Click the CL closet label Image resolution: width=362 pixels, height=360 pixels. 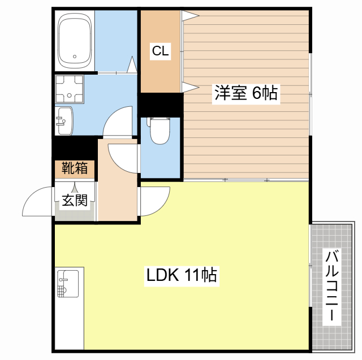160,51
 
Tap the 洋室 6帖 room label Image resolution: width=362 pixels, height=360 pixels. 245,93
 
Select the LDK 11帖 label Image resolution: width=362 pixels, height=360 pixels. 182,276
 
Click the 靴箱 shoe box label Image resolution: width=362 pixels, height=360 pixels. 75,168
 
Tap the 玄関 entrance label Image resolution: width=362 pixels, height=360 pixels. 75,200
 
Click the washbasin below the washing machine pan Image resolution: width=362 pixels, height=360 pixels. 64,120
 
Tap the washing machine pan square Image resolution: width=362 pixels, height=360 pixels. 69,89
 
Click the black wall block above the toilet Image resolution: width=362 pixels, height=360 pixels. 161,105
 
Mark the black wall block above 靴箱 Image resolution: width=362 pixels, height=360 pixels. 75,149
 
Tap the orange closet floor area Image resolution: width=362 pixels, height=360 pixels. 160,73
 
